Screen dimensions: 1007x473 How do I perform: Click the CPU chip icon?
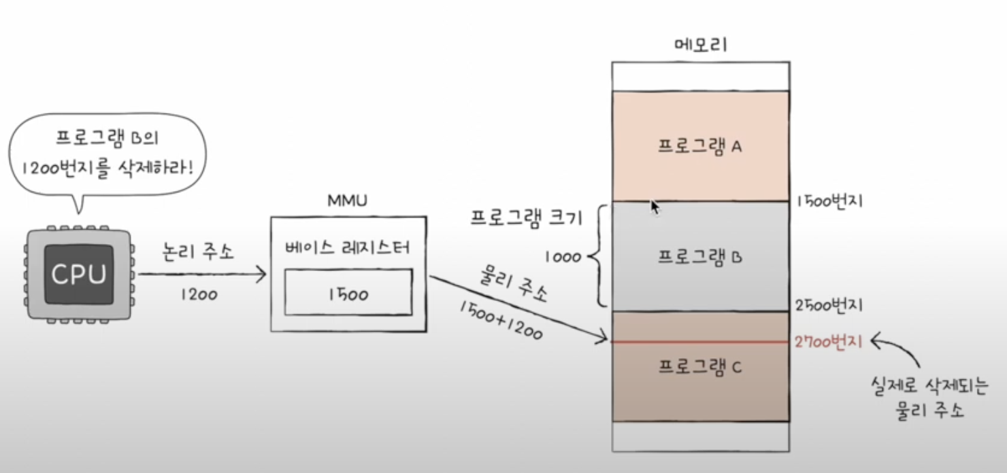click(x=80, y=273)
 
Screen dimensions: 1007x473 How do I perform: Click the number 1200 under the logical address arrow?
click(x=199, y=295)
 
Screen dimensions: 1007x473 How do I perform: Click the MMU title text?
click(x=348, y=203)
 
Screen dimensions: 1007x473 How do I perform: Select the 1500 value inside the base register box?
click(x=348, y=294)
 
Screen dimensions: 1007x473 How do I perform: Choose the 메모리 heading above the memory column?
click(x=700, y=46)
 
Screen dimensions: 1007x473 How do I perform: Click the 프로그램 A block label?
click(x=700, y=147)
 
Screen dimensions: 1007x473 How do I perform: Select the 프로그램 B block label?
click(x=700, y=258)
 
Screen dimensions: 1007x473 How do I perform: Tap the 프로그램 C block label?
click(x=700, y=368)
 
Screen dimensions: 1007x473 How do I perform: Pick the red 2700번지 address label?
click(x=828, y=342)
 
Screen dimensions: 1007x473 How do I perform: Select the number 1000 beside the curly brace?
click(x=563, y=258)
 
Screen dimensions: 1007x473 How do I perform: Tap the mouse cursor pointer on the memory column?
click(x=655, y=207)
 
